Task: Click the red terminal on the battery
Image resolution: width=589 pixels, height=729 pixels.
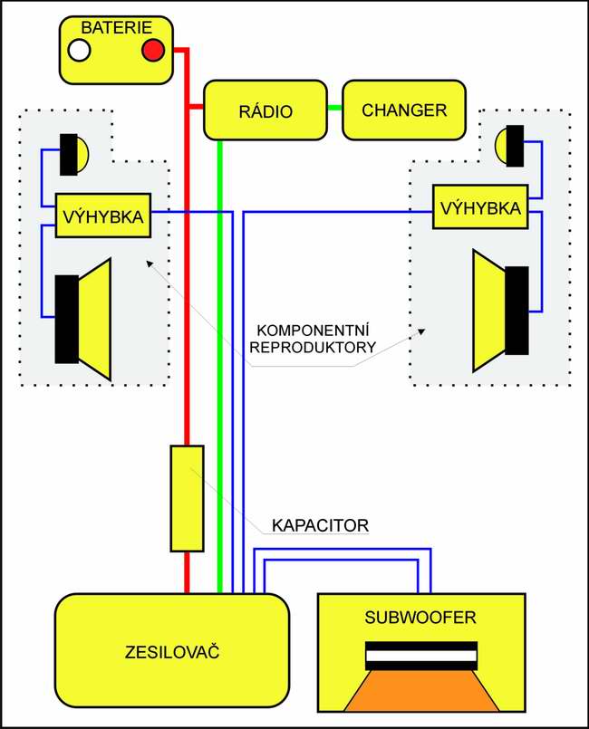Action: pos(152,50)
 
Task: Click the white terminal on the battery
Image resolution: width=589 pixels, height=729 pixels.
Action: pos(80,50)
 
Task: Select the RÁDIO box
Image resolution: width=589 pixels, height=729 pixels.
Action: pos(265,110)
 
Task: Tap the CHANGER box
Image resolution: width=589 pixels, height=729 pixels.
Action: pos(403,110)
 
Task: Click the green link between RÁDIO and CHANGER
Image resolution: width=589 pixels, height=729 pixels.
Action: pos(333,110)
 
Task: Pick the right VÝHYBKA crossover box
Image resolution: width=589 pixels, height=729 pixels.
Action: pos(480,208)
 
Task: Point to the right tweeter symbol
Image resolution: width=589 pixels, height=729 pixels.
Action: pos(509,146)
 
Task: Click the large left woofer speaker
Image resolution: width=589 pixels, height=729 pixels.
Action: pos(83,319)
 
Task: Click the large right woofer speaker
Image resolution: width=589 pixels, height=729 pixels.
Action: pos(500,311)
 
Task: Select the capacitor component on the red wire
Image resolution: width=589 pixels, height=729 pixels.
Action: pos(188,497)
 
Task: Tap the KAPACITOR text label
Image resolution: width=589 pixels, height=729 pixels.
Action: pos(320,524)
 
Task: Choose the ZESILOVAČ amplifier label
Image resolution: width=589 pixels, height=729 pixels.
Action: pos(172,652)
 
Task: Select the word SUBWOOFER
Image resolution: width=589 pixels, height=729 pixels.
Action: pos(420,619)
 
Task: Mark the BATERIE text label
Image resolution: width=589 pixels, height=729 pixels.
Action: pos(116,29)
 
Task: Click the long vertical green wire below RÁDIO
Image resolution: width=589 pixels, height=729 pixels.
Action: pos(220,362)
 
